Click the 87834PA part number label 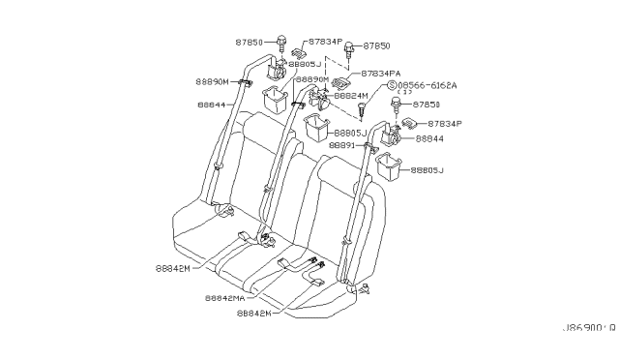[x=382, y=74]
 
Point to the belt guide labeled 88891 [x=368, y=147]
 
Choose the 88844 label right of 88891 [x=429, y=139]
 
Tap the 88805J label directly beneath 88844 [x=426, y=171]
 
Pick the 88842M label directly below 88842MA [x=255, y=314]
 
